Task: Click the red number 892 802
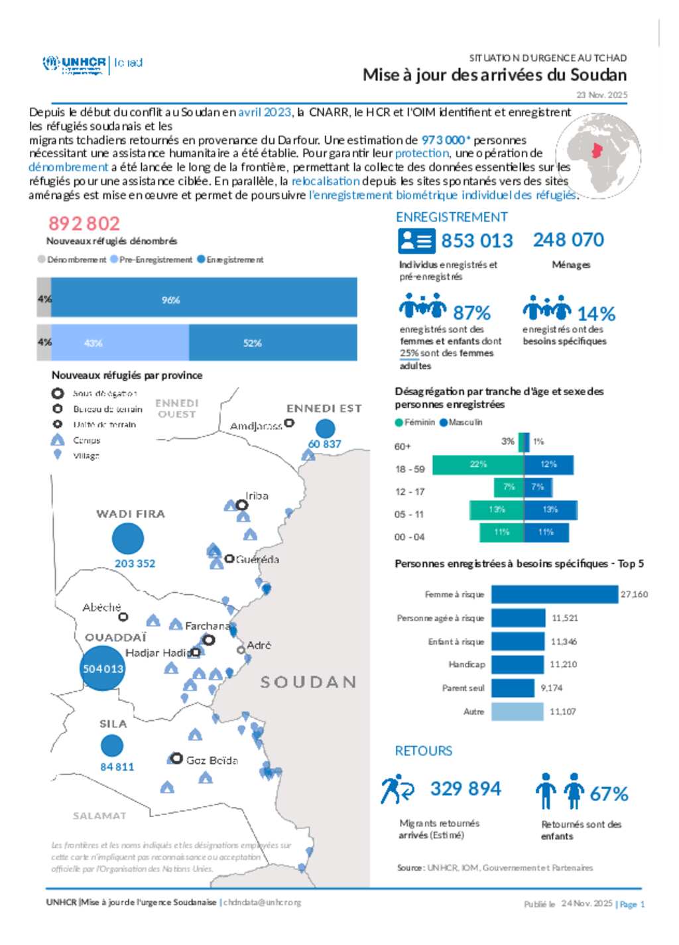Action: click(x=84, y=223)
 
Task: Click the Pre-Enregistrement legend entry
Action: click(x=152, y=260)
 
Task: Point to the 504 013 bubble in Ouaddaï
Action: click(x=103, y=668)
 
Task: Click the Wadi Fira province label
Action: click(x=131, y=514)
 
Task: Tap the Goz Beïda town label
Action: click(x=212, y=760)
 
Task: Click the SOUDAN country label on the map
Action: click(x=308, y=682)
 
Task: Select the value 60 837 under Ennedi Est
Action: click(x=324, y=444)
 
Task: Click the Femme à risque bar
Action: click(x=554, y=594)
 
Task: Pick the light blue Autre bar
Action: click(x=517, y=712)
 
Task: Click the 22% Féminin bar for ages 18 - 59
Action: click(x=477, y=465)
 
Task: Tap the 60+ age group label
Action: click(x=402, y=446)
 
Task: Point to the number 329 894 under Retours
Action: click(x=465, y=788)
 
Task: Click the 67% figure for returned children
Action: click(x=609, y=794)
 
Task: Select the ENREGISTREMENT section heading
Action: click(x=452, y=218)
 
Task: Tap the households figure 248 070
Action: click(x=568, y=240)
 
